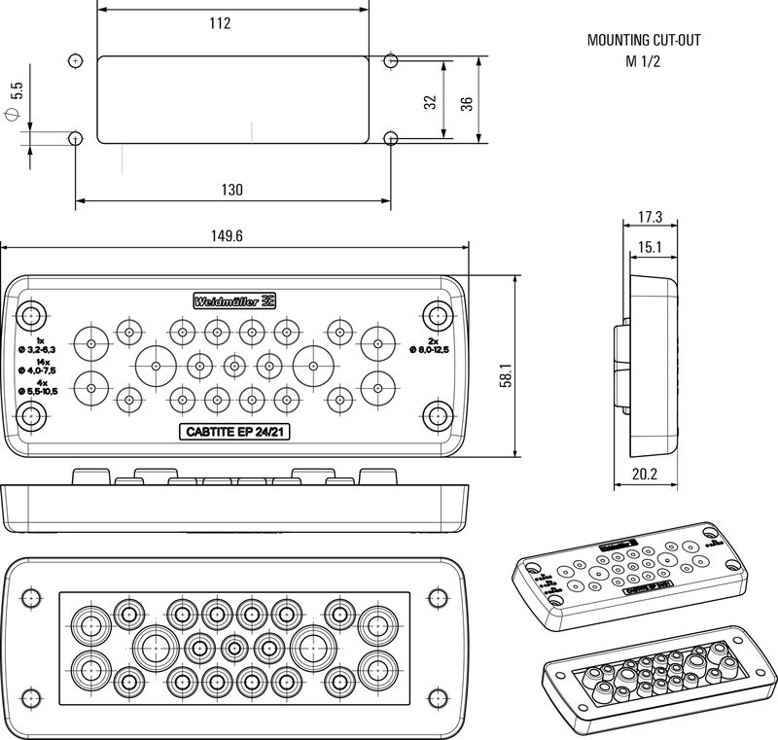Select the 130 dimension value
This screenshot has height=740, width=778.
[231, 190]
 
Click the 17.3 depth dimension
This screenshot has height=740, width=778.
[651, 217]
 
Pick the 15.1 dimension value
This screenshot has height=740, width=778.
[651, 248]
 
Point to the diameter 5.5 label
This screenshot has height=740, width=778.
[15, 101]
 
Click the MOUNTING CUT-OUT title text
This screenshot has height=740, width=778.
[644, 41]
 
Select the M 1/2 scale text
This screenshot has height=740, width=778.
[643, 61]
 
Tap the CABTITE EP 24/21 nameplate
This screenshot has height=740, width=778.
[233, 433]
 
